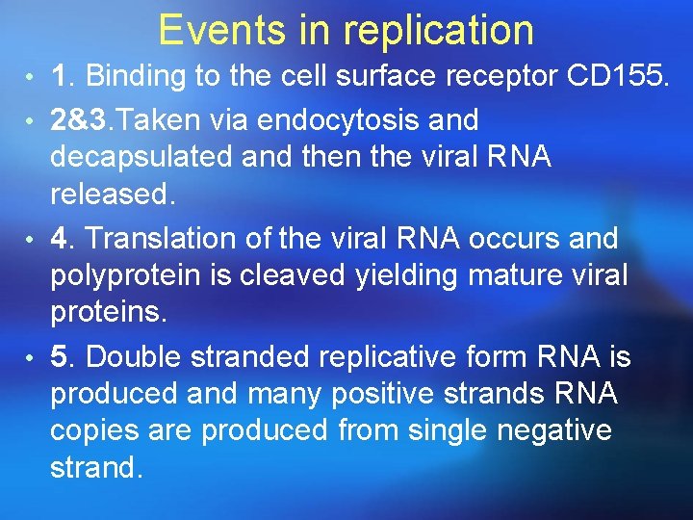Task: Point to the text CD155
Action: coord(617,76)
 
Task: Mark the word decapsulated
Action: coord(146,158)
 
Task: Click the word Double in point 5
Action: coord(134,357)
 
